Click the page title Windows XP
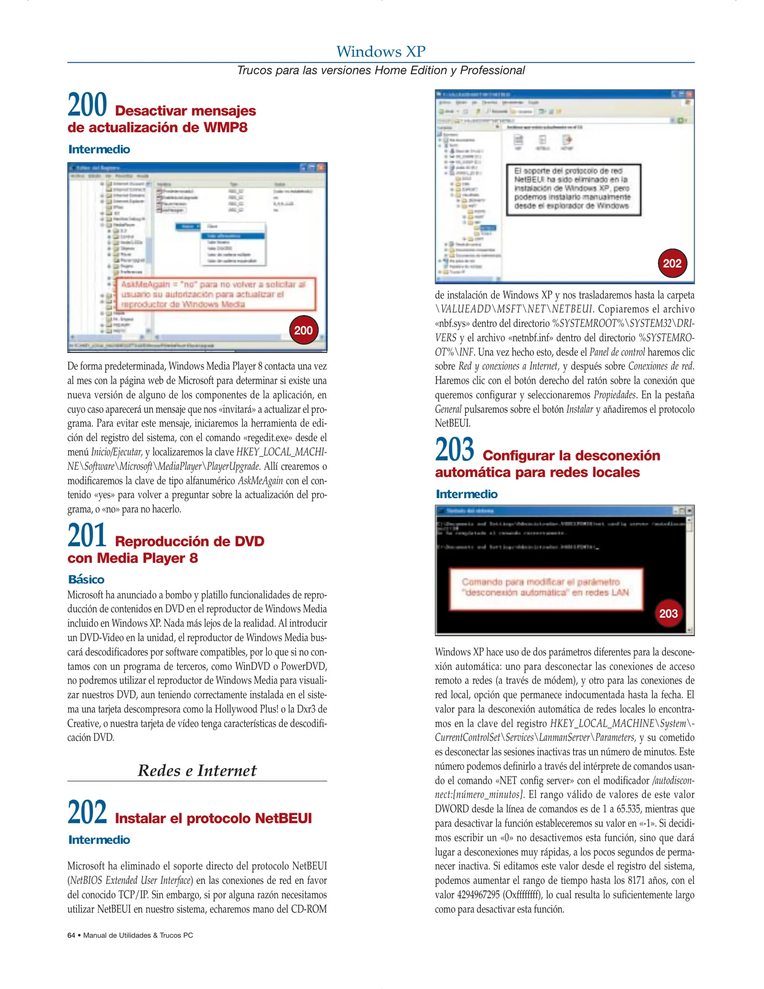pyautogui.click(x=381, y=51)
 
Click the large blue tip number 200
pyautogui.click(x=87, y=105)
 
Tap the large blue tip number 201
pyautogui.click(x=87, y=535)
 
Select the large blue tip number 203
pyautogui.click(x=455, y=450)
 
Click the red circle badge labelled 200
pyautogui.click(x=303, y=330)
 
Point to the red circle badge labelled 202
pyautogui.click(x=672, y=263)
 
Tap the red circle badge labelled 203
pyautogui.click(x=668, y=613)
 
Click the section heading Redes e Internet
pyautogui.click(x=197, y=771)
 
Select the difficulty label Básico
pyautogui.click(x=86, y=580)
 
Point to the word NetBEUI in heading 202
pyautogui.click(x=283, y=818)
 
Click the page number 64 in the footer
pyautogui.click(x=71, y=935)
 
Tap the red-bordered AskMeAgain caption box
pyautogui.click(x=215, y=294)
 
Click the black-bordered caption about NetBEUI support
pyautogui.click(x=573, y=189)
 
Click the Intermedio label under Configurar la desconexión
pyautogui.click(x=466, y=494)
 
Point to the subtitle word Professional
pyautogui.click(x=492, y=71)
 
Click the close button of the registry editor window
pyautogui.click(x=321, y=168)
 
